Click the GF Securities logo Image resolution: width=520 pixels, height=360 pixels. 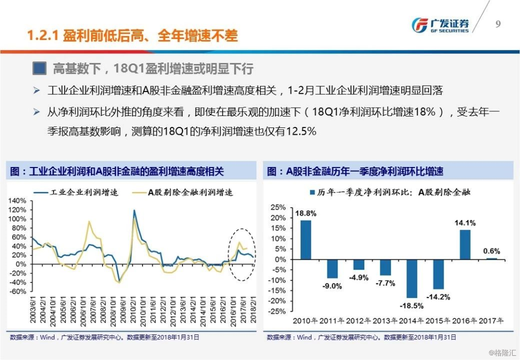click(440, 24)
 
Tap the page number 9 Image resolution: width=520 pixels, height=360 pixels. click(498, 24)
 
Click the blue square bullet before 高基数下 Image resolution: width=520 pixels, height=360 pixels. click(40, 69)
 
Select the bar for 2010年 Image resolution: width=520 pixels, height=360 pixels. click(306, 239)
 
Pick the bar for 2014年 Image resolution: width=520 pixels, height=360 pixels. click(412, 278)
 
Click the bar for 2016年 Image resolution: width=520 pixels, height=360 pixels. click(465, 245)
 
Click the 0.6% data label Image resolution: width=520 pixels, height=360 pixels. click(491, 251)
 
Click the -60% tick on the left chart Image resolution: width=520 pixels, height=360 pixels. click(17, 291)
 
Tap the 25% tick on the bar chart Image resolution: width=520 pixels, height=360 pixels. click(278, 207)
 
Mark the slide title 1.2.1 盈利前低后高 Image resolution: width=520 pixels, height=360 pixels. click(133, 35)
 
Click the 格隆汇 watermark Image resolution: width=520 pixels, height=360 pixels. click(500, 354)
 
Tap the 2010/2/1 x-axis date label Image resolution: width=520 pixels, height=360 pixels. click(134, 310)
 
